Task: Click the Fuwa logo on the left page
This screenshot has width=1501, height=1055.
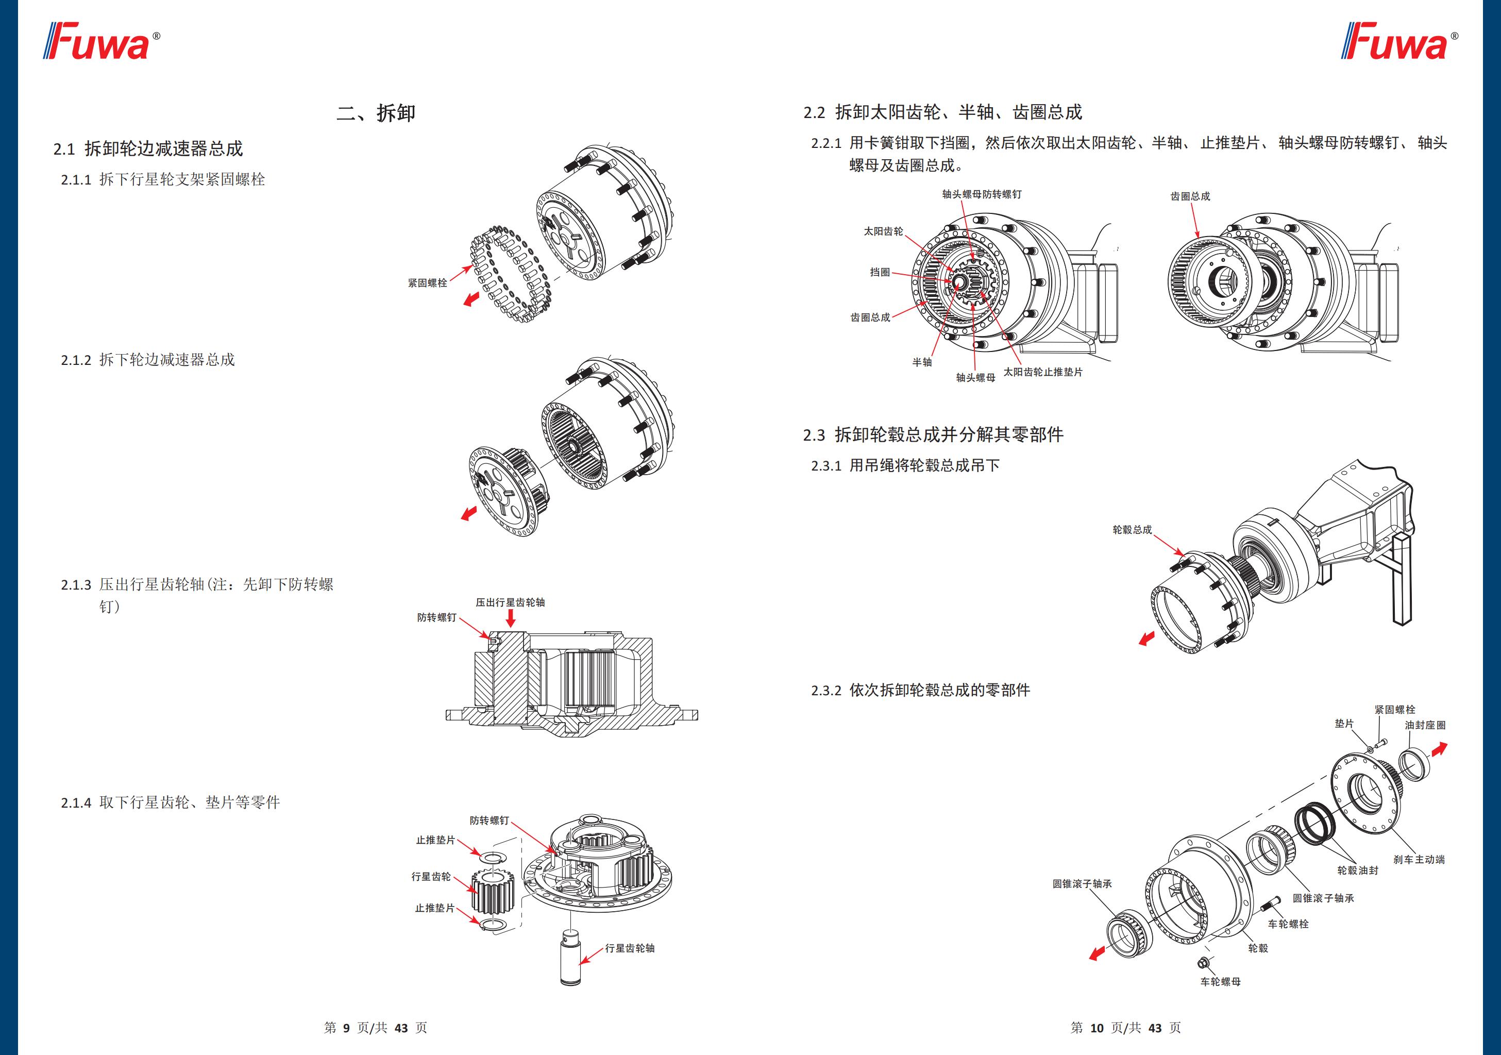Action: point(102,42)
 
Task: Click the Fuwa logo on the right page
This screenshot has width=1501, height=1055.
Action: point(1399,42)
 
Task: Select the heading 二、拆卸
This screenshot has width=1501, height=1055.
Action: point(376,113)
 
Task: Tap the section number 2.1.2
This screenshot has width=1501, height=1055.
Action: point(76,360)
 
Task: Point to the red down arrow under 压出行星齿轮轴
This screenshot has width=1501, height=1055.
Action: point(511,618)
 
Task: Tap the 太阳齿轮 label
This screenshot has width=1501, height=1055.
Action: point(883,231)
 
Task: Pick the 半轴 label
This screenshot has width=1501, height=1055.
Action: point(922,362)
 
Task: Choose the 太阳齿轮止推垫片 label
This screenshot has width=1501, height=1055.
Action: point(1043,372)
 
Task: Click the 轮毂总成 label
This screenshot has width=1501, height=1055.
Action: point(1132,530)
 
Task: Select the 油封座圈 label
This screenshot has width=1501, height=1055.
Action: point(1425,725)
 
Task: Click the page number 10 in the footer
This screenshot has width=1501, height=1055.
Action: point(1097,1028)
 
